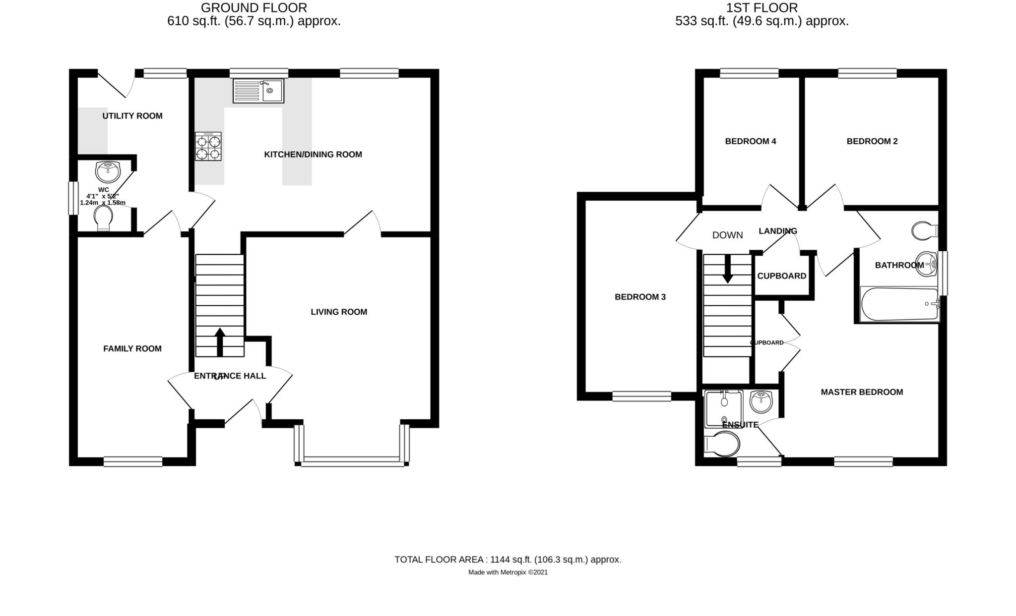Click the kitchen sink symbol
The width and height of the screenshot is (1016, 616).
pyautogui.click(x=258, y=91)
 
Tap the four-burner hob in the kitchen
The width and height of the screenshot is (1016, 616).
pyautogui.click(x=208, y=147)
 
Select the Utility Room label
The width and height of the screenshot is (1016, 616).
pyautogui.click(x=132, y=116)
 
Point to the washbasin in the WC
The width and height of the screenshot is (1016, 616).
pyautogui.click(x=108, y=172)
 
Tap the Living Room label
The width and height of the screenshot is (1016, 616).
pyautogui.click(x=339, y=312)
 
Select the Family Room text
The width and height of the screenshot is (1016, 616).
pyautogui.click(x=132, y=348)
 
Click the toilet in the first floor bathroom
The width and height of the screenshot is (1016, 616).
pyautogui.click(x=924, y=230)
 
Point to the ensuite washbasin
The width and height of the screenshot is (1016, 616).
pyautogui.click(x=761, y=401)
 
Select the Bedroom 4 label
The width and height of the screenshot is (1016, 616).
pyautogui.click(x=750, y=141)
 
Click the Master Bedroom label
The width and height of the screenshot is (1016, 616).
pyautogui.click(x=862, y=392)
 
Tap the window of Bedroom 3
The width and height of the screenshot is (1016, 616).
pyautogui.click(x=641, y=396)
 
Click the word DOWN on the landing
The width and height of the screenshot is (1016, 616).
pyautogui.click(x=727, y=235)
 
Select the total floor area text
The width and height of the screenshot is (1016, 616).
pyautogui.click(x=508, y=560)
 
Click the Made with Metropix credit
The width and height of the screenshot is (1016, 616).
pyautogui.click(x=508, y=572)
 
